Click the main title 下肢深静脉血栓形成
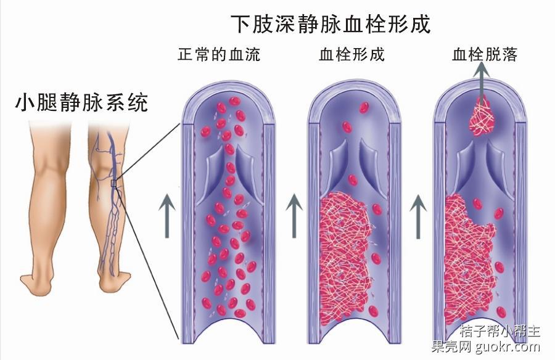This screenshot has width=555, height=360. (x=331, y=23)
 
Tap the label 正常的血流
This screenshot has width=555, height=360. (x=219, y=54)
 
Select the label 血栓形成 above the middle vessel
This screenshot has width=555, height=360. (x=351, y=54)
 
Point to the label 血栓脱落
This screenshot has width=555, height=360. (x=485, y=54)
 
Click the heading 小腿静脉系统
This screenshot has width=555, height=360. (x=81, y=103)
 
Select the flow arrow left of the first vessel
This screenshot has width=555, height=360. (x=167, y=216)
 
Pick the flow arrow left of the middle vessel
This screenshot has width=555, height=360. (x=294, y=216)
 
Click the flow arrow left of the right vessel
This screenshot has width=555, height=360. (x=418, y=216)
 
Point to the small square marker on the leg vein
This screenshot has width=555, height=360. (x=113, y=183)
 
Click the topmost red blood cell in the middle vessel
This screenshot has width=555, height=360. (x=364, y=108)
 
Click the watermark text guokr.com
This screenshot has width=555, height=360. (x=508, y=346)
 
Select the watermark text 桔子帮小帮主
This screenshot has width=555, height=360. (x=500, y=331)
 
